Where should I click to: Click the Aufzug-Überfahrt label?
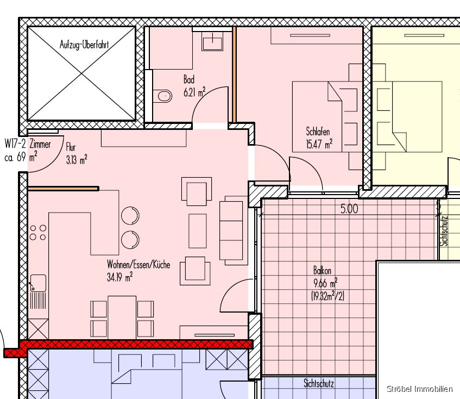[84, 45]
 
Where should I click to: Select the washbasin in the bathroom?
[212, 41]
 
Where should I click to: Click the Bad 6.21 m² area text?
[194, 86]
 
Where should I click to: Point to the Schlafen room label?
[318, 131]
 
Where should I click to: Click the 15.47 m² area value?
[319, 144]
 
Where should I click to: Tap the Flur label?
[71, 147]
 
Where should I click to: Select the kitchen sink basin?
[38, 283]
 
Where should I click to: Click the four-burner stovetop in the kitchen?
[38, 233]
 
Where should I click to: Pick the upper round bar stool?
[130, 215]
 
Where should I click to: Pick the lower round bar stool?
[130, 240]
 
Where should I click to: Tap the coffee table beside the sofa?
[198, 231]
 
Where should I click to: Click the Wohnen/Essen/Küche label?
[138, 265]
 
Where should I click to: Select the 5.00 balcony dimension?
[349, 209]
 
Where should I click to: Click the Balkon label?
[322, 270]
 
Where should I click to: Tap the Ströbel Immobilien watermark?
[419, 389]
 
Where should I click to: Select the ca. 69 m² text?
[21, 157]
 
